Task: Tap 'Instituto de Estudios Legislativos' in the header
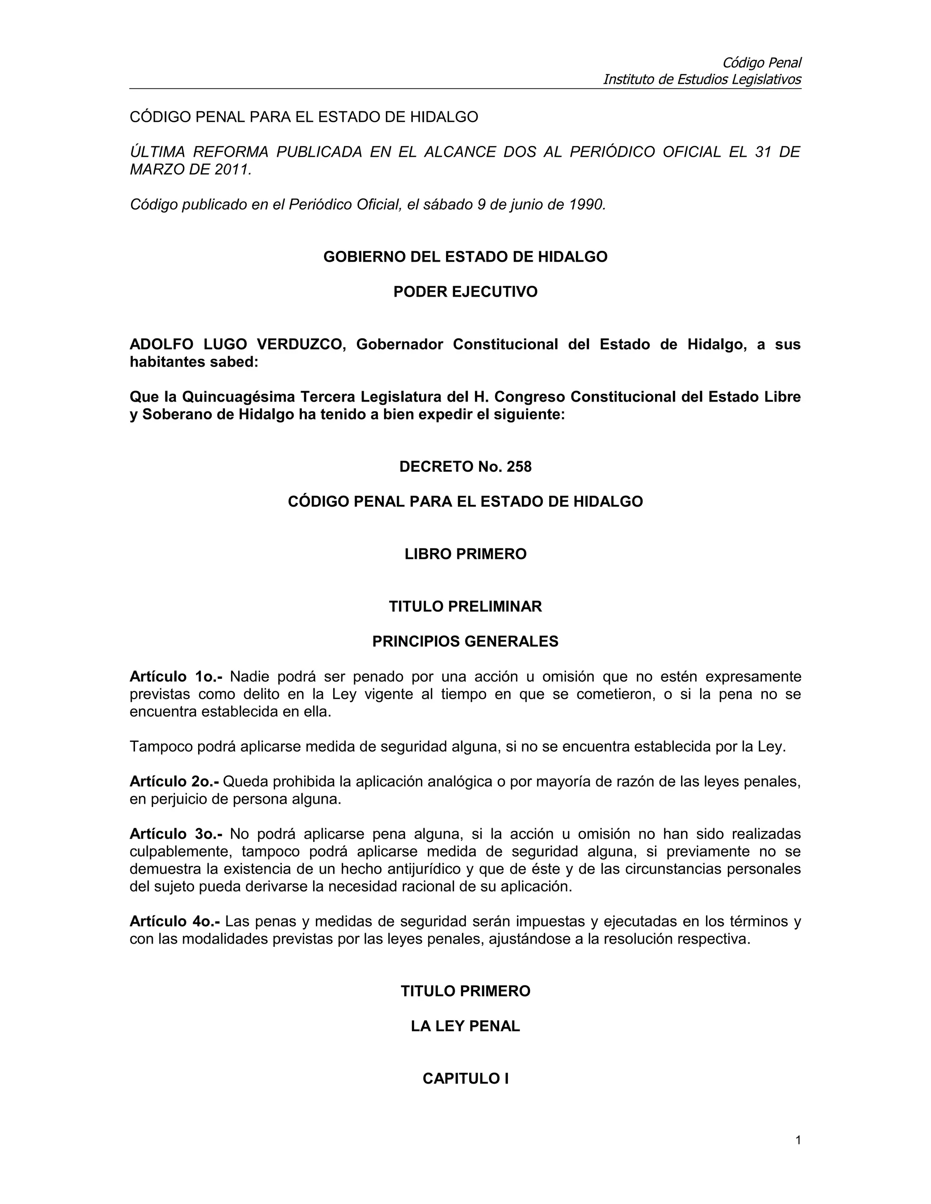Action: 701,80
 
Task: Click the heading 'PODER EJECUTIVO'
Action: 465,292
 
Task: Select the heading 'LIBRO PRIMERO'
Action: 465,554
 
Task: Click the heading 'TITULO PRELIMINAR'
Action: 465,607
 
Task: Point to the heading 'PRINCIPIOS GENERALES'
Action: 465,642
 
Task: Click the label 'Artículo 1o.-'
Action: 175,677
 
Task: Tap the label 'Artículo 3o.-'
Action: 175,834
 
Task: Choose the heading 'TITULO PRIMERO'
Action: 465,991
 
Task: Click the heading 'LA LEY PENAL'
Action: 465,1026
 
